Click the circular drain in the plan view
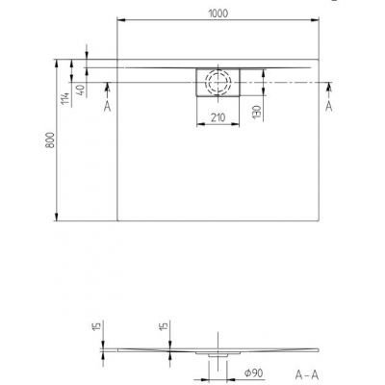click(x=218, y=82)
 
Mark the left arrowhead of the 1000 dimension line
click(x=119, y=19)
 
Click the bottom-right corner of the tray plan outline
click(x=316, y=218)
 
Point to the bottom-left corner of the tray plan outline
click(x=117, y=218)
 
